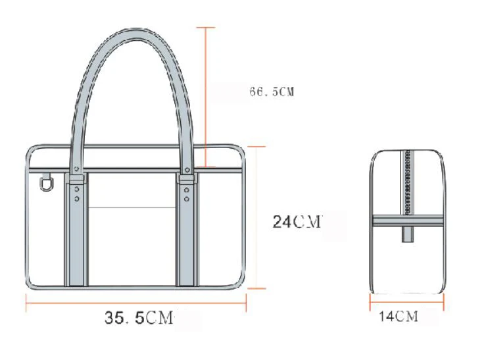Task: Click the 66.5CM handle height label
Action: pyautogui.click(x=272, y=91)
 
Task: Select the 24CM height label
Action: pyautogui.click(x=297, y=222)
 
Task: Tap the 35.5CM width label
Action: pyautogui.click(x=139, y=317)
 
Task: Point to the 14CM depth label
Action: pyautogui.click(x=399, y=317)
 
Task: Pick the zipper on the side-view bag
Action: pyautogui.click(x=408, y=182)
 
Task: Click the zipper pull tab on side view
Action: pyautogui.click(x=408, y=234)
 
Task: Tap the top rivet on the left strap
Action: pyautogui.click(x=76, y=168)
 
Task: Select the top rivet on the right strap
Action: pyautogui.click(x=187, y=170)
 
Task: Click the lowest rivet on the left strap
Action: pyautogui.click(x=76, y=199)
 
